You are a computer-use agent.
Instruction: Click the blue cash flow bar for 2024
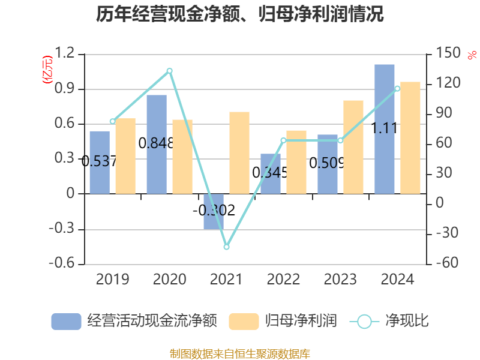pos(385,129)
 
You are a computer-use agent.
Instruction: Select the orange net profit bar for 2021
pos(239,152)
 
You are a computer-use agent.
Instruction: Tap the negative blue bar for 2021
pos(214,211)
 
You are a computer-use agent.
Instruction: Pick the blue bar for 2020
pos(157,144)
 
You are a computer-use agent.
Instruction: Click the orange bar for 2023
pos(353,147)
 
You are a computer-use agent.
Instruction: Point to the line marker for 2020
pos(169,71)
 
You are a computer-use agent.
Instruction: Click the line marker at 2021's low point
pos(226,247)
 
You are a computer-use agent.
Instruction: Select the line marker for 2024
pos(397,89)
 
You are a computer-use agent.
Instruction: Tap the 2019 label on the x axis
pos(112,279)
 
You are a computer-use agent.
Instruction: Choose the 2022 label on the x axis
pos(283,279)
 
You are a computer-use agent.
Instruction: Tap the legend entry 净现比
pos(390,321)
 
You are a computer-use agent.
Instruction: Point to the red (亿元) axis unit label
pos(47,69)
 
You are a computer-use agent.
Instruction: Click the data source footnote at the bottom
pos(240,353)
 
